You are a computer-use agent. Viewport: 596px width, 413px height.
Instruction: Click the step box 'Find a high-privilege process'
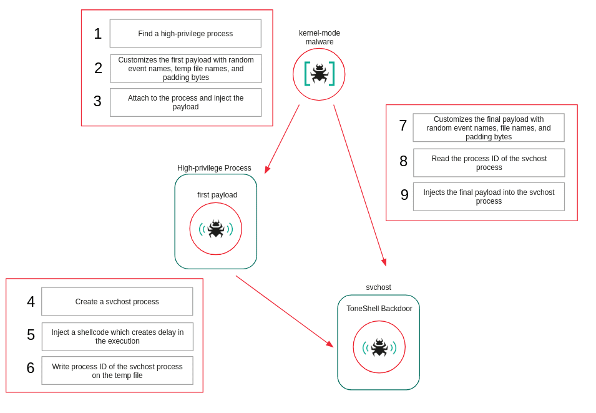(185, 34)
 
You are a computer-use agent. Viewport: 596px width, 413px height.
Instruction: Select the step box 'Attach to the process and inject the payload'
(185, 102)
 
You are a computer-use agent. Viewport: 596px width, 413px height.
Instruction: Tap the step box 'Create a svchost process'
(117, 302)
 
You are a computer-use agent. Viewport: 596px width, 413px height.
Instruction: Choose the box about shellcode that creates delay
(117, 337)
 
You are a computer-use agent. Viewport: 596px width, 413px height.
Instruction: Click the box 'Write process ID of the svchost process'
(117, 371)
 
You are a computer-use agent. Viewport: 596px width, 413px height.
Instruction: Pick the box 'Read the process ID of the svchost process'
(489, 163)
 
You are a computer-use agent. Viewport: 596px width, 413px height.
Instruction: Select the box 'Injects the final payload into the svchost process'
(489, 197)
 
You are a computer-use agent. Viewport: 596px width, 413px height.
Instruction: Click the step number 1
(97, 34)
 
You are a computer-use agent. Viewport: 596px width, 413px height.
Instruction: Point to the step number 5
(31, 335)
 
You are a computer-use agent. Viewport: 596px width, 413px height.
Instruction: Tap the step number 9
(404, 195)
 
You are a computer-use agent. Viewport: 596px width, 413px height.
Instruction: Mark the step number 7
(403, 126)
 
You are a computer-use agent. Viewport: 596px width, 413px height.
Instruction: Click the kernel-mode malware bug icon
(319, 74)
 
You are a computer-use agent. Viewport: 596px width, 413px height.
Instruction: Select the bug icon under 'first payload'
(216, 229)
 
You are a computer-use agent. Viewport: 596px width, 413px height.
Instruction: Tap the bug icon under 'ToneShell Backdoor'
(379, 347)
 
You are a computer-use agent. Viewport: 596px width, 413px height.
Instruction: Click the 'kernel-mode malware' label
(320, 37)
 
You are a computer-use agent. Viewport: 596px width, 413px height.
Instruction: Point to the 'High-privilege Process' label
(214, 168)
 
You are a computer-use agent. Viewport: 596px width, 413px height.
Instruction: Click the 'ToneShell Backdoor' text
(379, 309)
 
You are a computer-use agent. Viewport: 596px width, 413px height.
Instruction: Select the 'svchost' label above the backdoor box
(378, 287)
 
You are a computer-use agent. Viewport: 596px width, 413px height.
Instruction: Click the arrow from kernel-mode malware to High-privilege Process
(282, 139)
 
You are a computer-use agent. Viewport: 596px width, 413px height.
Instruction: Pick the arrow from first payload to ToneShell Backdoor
(284, 311)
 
